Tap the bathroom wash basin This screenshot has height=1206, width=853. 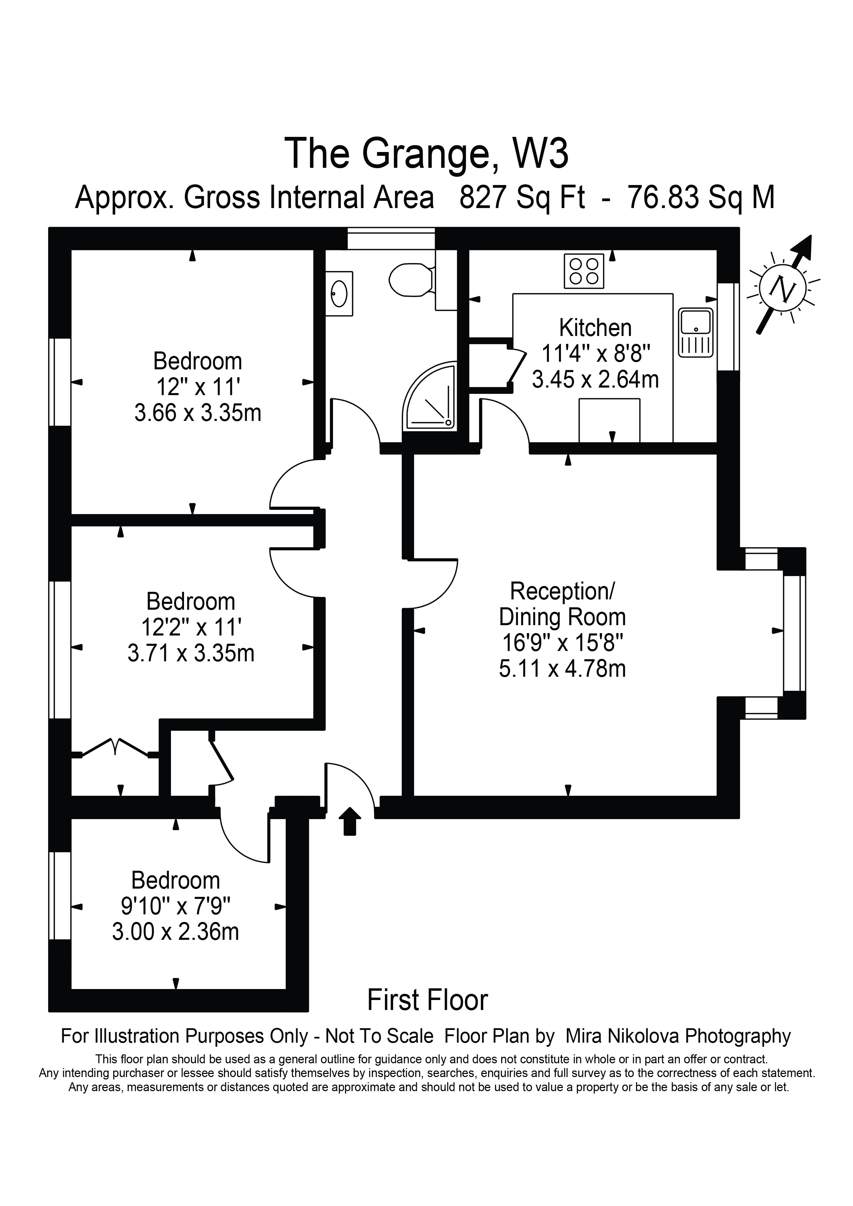click(339, 294)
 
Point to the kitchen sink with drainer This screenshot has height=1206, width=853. click(695, 333)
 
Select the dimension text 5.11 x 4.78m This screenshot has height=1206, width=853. click(562, 670)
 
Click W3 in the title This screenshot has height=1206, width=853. click(540, 153)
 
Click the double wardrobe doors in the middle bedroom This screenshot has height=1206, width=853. click(116, 748)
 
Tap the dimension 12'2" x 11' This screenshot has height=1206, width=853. click(191, 627)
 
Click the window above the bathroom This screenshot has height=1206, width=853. click(391, 238)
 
